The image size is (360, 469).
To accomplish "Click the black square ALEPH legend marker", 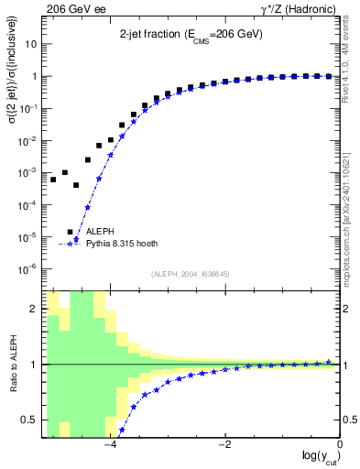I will coord(71,232).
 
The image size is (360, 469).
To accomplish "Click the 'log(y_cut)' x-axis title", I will coord(316,456).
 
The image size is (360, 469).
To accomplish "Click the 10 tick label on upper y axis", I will coord(33,44).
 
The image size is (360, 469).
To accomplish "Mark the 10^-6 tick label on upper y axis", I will coord(31,268).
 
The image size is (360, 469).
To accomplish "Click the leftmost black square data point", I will coord(53,180).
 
